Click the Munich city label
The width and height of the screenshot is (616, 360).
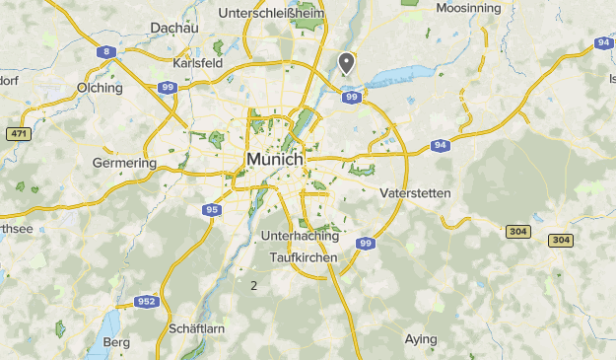pyautogui.click(x=276, y=159)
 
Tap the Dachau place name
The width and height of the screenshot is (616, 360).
pyautogui.click(x=174, y=28)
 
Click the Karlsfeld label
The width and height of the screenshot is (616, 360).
pyautogui.click(x=197, y=62)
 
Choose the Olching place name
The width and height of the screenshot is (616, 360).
pyautogui.click(x=100, y=88)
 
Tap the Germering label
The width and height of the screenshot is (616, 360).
pyautogui.click(x=124, y=163)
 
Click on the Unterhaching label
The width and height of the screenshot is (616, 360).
pyautogui.click(x=301, y=237)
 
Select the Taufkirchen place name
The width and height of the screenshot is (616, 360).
pyautogui.click(x=304, y=257)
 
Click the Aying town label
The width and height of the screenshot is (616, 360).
pyautogui.click(x=421, y=339)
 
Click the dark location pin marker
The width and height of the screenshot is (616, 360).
pyautogui.click(x=346, y=62)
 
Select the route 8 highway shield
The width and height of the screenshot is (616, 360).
pyautogui.click(x=105, y=51)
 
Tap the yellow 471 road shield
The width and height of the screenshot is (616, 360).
pyautogui.click(x=17, y=133)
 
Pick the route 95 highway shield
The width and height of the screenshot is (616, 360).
pyautogui.click(x=212, y=210)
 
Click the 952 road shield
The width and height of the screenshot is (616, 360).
pyautogui.click(x=147, y=302)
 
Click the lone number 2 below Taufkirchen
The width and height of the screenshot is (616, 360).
pyautogui.click(x=254, y=286)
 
